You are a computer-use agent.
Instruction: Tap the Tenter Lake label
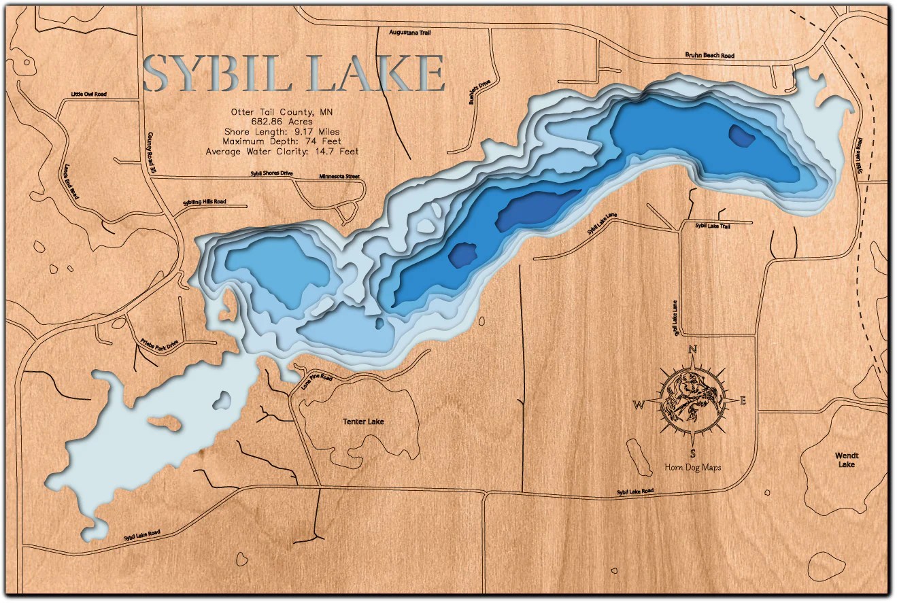[x=363, y=421]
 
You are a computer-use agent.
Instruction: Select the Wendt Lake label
[x=847, y=460]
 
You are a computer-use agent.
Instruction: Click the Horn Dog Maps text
[x=692, y=467]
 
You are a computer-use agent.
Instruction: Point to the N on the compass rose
[x=693, y=350]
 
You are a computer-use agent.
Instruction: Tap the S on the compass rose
[x=692, y=453]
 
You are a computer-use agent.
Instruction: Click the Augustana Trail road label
[x=410, y=32]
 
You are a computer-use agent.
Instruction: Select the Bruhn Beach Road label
[x=709, y=55]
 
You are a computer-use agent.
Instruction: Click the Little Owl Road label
[x=89, y=94]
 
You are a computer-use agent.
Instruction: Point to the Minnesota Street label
[x=339, y=177]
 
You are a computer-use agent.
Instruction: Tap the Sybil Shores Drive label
[x=271, y=174]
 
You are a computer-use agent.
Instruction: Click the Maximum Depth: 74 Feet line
[x=282, y=141]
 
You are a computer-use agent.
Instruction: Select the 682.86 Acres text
[x=282, y=122]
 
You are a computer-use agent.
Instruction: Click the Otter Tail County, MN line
[x=282, y=111]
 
